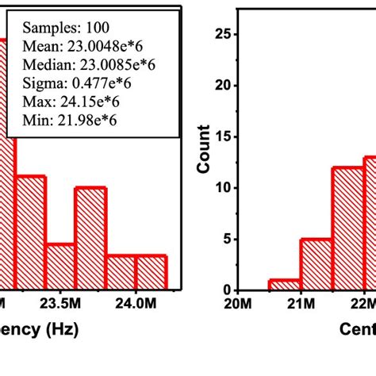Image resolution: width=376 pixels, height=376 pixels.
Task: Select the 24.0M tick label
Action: pyautogui.click(x=136, y=304)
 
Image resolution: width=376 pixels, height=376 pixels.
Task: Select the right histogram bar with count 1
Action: pyautogui.click(x=284, y=285)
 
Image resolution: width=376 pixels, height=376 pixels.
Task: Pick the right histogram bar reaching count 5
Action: pyautogui.click(x=316, y=264)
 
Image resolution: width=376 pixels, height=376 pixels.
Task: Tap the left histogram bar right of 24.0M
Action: pyautogui.click(x=151, y=273)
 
